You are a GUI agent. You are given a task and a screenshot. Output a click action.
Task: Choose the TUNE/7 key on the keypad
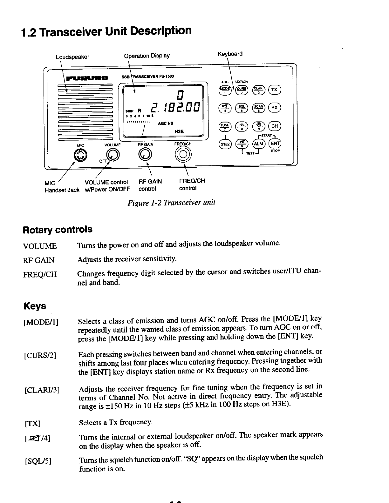point(224,126)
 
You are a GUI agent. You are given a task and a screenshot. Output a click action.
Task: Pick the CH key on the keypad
point(275,126)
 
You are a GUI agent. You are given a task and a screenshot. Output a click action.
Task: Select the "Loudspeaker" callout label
point(72,57)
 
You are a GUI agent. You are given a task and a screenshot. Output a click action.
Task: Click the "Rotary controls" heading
point(58,229)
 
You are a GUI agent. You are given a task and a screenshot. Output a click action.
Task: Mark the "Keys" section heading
point(35,306)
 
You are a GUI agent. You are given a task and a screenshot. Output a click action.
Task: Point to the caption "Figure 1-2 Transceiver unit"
point(171,203)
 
